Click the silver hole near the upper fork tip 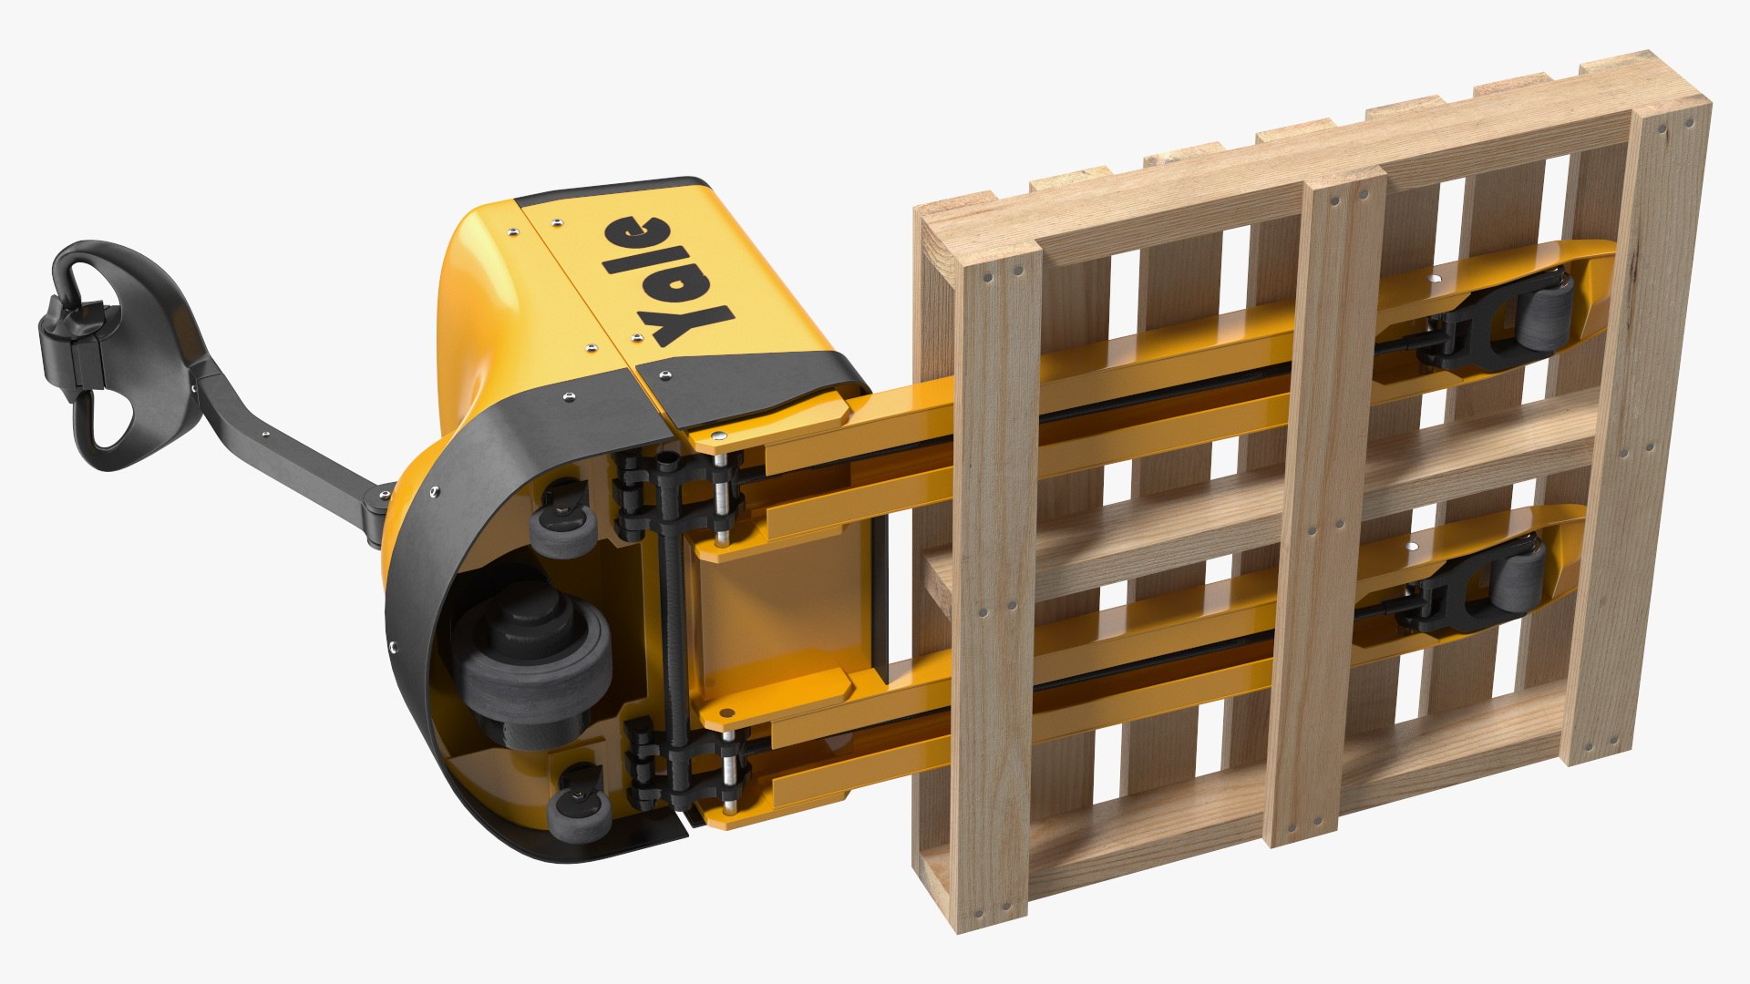(x=1437, y=279)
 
